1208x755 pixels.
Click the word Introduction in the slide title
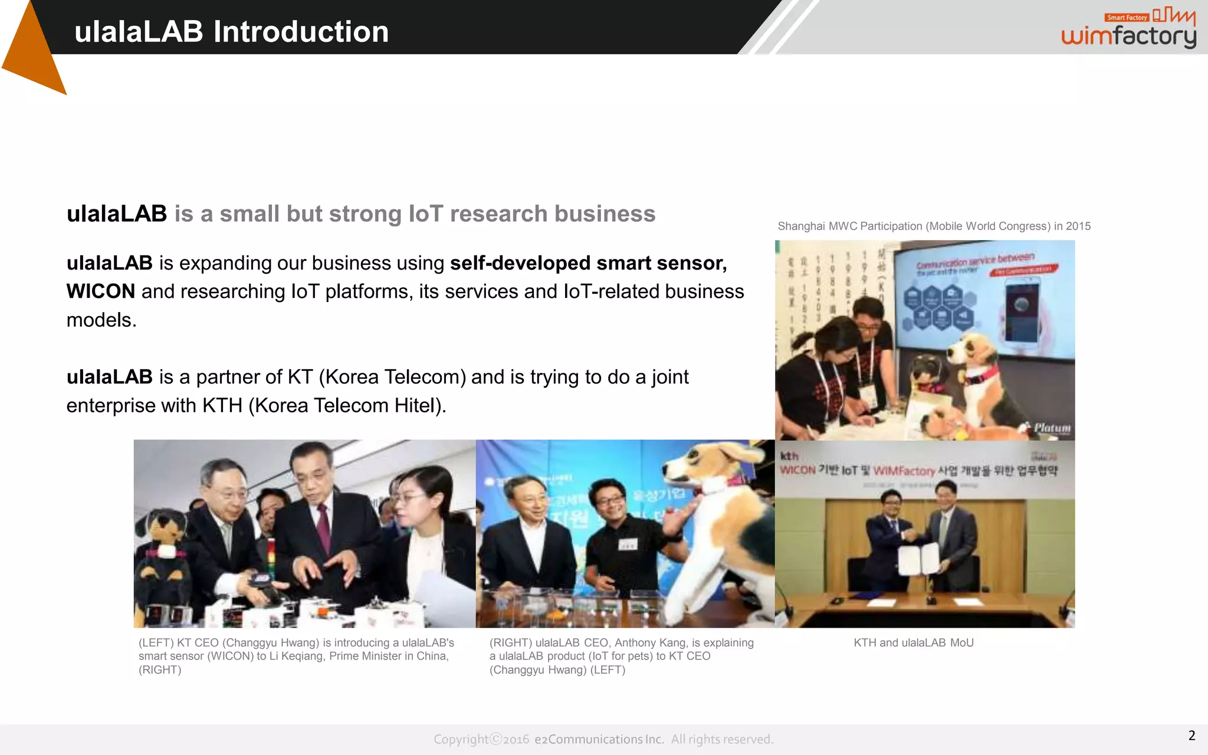pos(301,32)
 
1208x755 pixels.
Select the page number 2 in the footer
pos(1191,736)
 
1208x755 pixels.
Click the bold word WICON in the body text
pos(101,291)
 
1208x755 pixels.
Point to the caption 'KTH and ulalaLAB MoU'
pos(913,643)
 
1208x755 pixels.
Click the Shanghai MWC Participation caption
pos(934,226)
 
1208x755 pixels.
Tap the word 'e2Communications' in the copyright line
pos(599,740)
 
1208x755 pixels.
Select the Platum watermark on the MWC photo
pos(1052,428)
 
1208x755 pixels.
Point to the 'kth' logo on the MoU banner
pos(789,456)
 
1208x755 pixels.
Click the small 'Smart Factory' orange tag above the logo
pos(1127,18)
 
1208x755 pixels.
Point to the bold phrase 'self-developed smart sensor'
pos(587,263)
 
